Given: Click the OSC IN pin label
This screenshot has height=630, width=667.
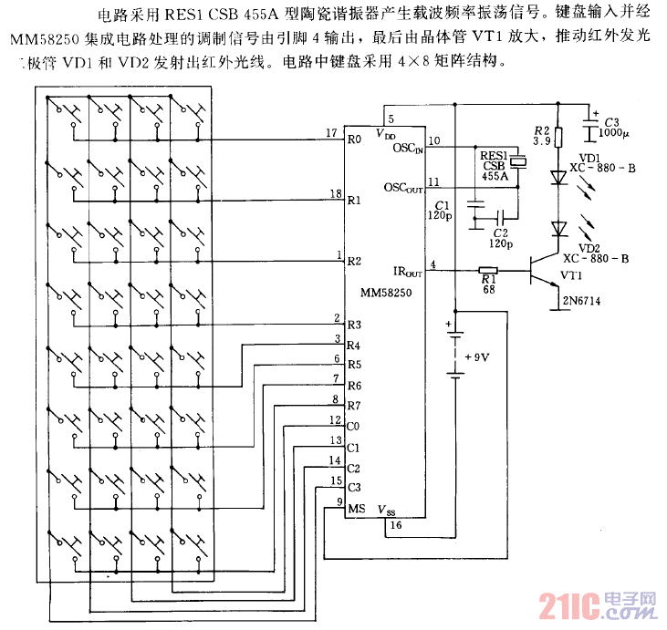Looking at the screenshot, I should pos(408,147).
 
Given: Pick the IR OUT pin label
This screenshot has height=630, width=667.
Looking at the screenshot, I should pos(407,272).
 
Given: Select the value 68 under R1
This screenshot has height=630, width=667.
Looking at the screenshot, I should pos(488,289).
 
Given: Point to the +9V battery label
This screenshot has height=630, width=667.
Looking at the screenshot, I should pos(477,356).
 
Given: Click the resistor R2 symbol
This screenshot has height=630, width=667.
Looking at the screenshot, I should pos(559,137).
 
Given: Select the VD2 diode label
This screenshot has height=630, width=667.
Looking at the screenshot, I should pos(589,247).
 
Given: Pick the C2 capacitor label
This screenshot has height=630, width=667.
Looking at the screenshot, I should pos(498,233).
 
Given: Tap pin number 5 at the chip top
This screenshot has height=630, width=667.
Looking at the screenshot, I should pos(391,119).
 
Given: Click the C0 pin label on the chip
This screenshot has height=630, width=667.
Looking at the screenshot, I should pos(354,426).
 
